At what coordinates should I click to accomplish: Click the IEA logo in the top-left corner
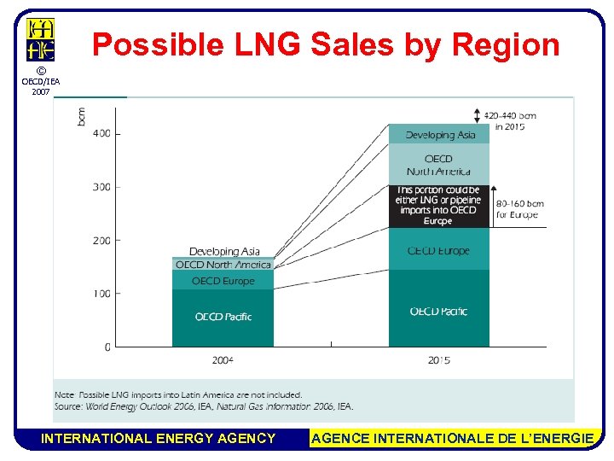click(x=40, y=38)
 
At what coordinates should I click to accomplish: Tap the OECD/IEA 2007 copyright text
click(x=41, y=81)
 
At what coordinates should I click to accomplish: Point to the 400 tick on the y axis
click(x=101, y=133)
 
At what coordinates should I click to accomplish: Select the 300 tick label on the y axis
click(x=101, y=187)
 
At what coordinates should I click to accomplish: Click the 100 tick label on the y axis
click(x=101, y=294)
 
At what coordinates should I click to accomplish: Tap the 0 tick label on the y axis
click(x=107, y=347)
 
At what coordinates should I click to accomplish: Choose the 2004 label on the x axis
click(x=223, y=361)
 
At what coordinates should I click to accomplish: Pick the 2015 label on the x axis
click(x=439, y=361)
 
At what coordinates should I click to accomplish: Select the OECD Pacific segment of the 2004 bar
click(x=223, y=318)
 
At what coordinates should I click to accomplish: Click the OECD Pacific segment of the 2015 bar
click(x=439, y=309)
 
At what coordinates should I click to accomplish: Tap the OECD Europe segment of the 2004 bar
click(x=223, y=281)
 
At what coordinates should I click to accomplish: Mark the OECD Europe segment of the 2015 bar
click(x=439, y=249)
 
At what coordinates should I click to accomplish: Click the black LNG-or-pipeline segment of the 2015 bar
click(x=439, y=207)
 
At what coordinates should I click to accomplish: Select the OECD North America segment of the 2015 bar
click(x=439, y=164)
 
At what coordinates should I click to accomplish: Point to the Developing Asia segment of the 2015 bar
click(x=439, y=134)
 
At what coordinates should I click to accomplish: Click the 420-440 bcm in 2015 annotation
click(x=510, y=120)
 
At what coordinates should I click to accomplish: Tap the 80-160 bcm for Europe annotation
click(x=519, y=209)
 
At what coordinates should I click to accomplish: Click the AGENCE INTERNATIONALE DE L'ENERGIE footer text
click(x=453, y=439)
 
